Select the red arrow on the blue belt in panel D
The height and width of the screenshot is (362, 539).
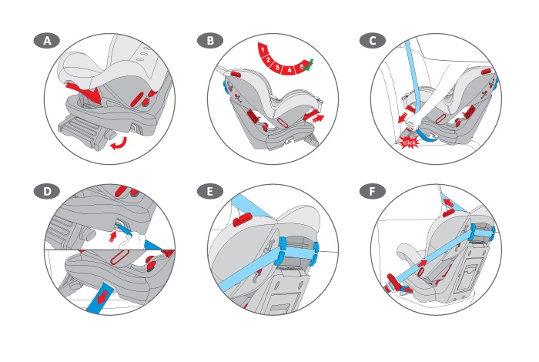pos(103,297)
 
